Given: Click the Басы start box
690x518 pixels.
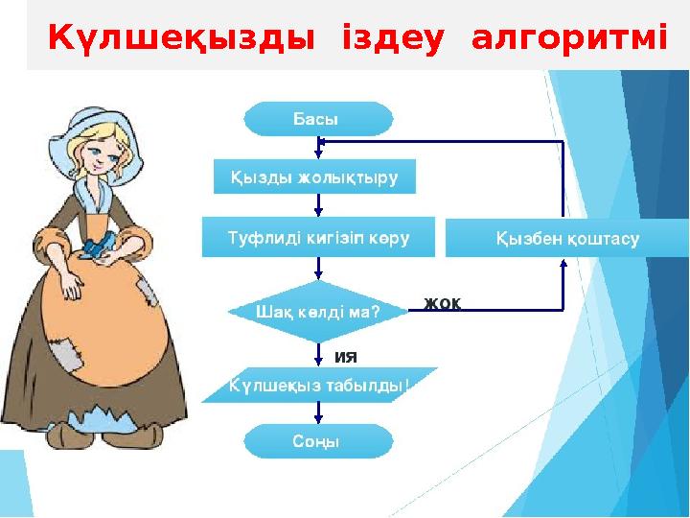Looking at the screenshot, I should click(319, 120).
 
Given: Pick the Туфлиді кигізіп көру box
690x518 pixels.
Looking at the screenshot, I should click(318, 237).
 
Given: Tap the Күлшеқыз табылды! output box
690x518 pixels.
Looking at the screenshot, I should click(319, 386).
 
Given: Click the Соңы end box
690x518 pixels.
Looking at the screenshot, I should click(319, 441).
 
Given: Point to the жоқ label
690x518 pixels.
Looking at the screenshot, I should click(443, 303).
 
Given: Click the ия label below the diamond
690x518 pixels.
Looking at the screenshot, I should click(345, 357).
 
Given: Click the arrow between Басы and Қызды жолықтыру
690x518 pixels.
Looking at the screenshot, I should click(319, 147).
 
